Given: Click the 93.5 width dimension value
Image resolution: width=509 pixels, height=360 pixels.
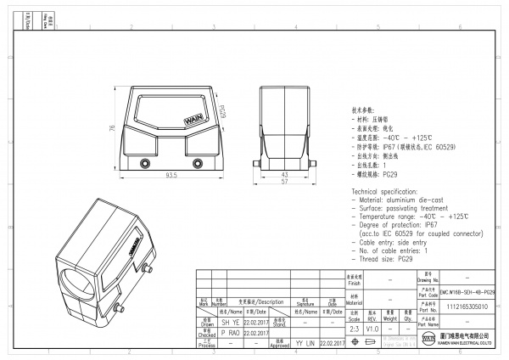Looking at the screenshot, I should (171, 175).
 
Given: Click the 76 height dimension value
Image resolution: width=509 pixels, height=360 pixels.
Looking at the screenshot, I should (113, 128).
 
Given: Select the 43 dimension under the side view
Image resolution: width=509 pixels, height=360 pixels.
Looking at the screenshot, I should (283, 174).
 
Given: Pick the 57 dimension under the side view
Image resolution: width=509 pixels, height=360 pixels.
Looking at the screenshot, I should (283, 182).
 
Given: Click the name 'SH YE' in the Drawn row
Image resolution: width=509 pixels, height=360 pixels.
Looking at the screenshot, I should (231, 323).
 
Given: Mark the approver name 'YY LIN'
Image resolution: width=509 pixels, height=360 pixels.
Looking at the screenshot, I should (305, 343).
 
